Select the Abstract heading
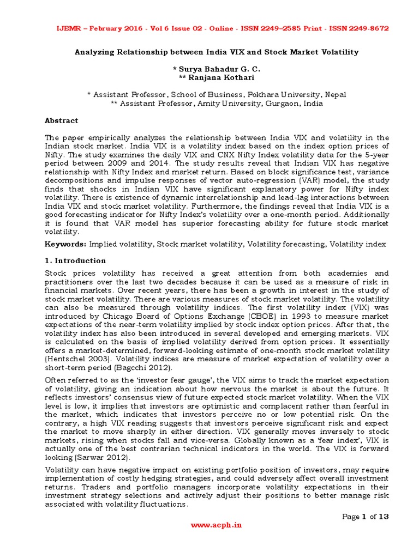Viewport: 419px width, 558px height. click(x=61, y=120)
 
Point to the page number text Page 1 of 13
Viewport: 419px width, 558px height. click(x=365, y=517)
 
